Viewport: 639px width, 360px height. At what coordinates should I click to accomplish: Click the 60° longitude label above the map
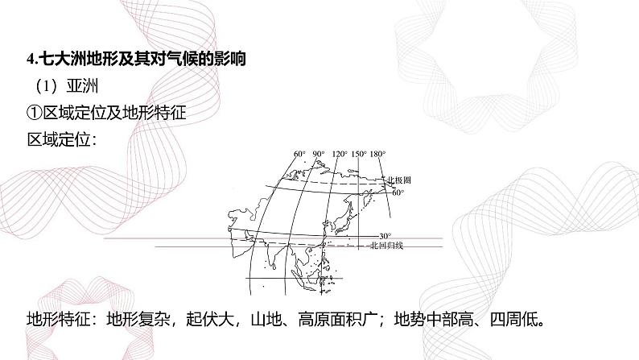click(299, 154)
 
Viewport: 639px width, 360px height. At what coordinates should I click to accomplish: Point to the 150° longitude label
click(359, 154)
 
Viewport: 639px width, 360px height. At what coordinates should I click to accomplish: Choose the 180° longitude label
click(378, 154)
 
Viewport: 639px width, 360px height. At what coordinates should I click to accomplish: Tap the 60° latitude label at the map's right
click(398, 193)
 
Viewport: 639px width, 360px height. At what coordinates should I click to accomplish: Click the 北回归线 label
click(384, 244)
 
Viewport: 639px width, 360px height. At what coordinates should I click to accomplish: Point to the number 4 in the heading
click(29, 60)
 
